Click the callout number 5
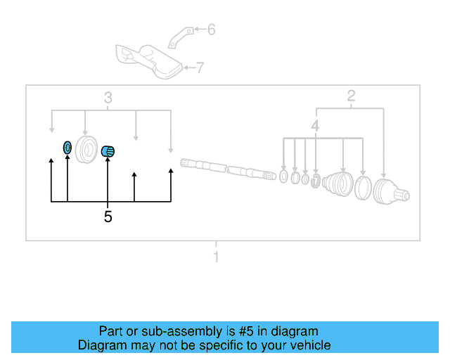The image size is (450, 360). [x=108, y=217]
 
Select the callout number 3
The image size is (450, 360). [x=108, y=97]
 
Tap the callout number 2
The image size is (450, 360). [x=351, y=97]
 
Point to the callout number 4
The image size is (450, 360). [x=316, y=127]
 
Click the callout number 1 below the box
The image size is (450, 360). [x=216, y=257]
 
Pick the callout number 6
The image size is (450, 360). [x=211, y=30]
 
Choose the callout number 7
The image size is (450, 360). [x=200, y=68]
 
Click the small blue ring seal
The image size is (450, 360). [x=67, y=148]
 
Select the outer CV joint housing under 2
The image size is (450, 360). [x=388, y=192]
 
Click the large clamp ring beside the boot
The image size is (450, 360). [x=364, y=188]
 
